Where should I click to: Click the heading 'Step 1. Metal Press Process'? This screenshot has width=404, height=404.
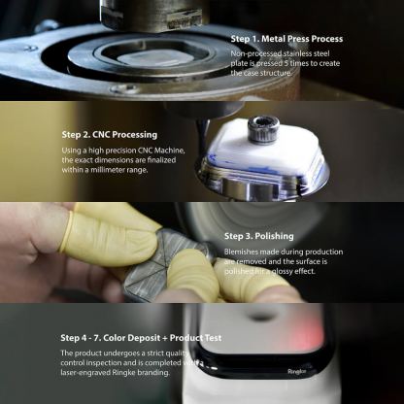(x=286, y=39)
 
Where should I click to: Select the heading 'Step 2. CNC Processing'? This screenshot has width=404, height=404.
(x=109, y=134)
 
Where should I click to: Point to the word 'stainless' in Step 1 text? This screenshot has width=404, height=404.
(x=305, y=53)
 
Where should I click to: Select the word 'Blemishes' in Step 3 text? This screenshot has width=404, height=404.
(x=243, y=250)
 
